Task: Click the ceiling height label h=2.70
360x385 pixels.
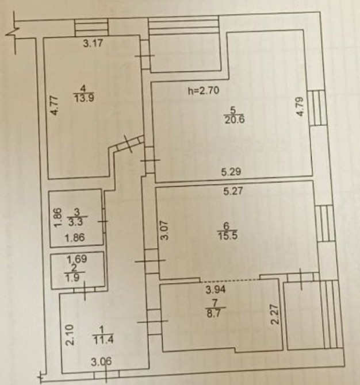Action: (203, 91)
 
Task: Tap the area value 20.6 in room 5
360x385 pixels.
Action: (235, 120)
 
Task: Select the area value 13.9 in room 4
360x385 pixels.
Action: (84, 98)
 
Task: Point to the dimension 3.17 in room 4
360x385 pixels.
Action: (93, 44)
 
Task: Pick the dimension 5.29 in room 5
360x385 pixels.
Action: (231, 172)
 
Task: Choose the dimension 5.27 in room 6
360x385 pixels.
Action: (233, 191)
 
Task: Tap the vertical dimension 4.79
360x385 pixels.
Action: (300, 107)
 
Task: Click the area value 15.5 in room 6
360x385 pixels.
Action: (227, 236)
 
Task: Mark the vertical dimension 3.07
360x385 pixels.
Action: (165, 230)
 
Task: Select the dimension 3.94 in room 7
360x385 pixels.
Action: (216, 290)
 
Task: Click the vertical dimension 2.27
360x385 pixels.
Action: (275, 314)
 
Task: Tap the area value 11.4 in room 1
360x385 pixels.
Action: (103, 340)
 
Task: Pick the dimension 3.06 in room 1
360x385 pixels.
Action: (101, 361)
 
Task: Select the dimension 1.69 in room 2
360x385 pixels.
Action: (77, 259)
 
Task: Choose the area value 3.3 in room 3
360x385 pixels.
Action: (75, 222)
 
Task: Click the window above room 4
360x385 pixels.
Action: (91, 27)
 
